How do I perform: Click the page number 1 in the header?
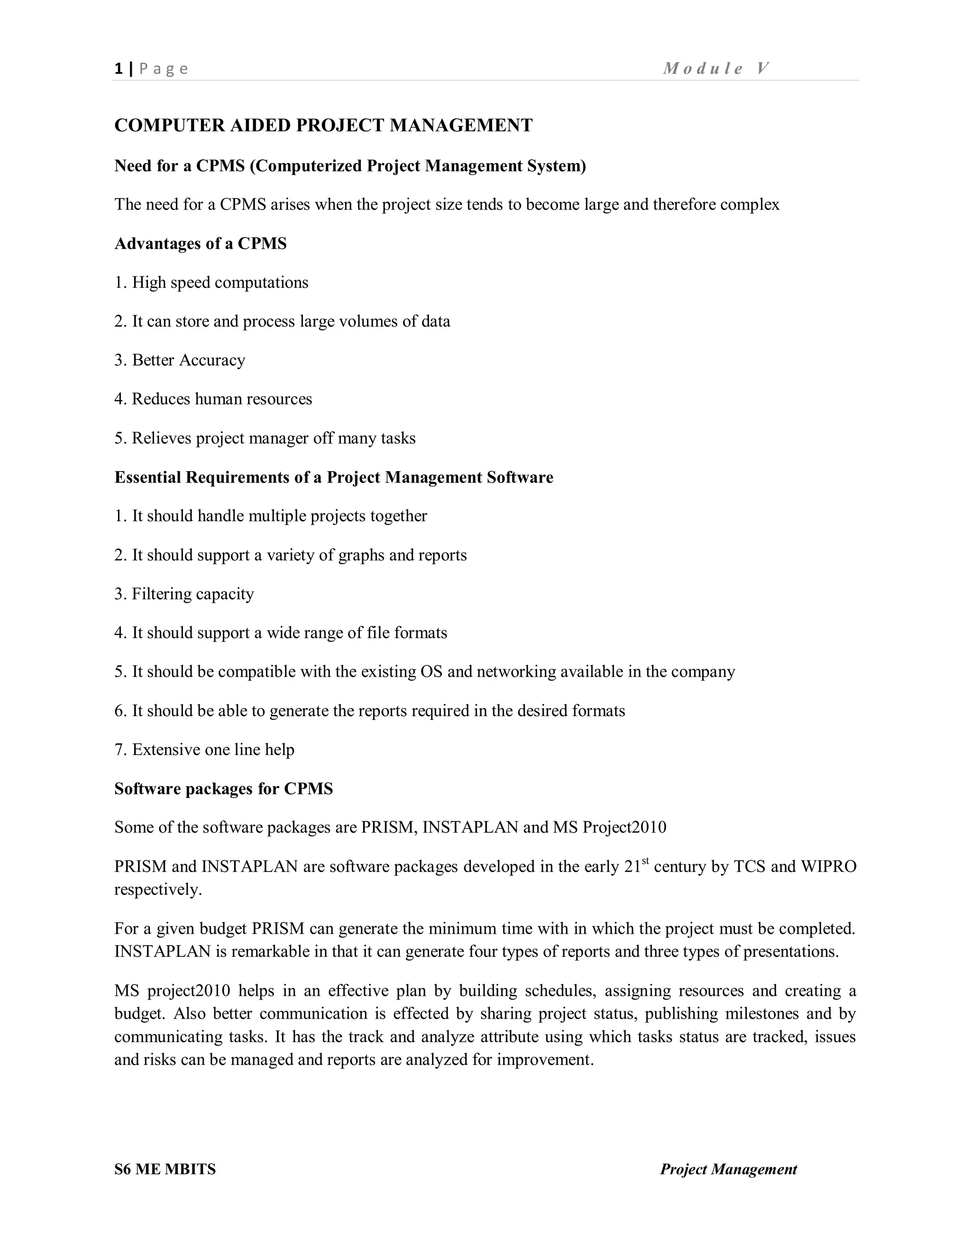[119, 69]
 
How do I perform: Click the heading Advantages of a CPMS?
[200, 244]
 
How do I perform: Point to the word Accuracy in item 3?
[212, 360]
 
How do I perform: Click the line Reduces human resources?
[221, 399]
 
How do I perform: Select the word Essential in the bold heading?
[148, 477]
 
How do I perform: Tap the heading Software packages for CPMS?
[223, 789]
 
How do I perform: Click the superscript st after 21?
[645, 861]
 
